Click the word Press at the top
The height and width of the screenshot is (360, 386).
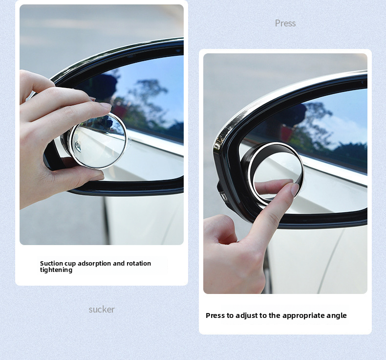[x=285, y=23]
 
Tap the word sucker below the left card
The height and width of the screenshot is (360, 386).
[x=102, y=309]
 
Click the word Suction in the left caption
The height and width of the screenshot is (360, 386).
[x=50, y=264]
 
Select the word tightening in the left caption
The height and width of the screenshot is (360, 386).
[x=56, y=270]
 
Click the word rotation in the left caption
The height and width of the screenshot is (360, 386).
[x=139, y=264]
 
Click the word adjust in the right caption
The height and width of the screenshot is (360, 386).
[x=247, y=315]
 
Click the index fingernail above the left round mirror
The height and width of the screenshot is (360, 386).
[x=106, y=106]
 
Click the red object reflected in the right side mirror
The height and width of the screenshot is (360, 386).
[x=287, y=133]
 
